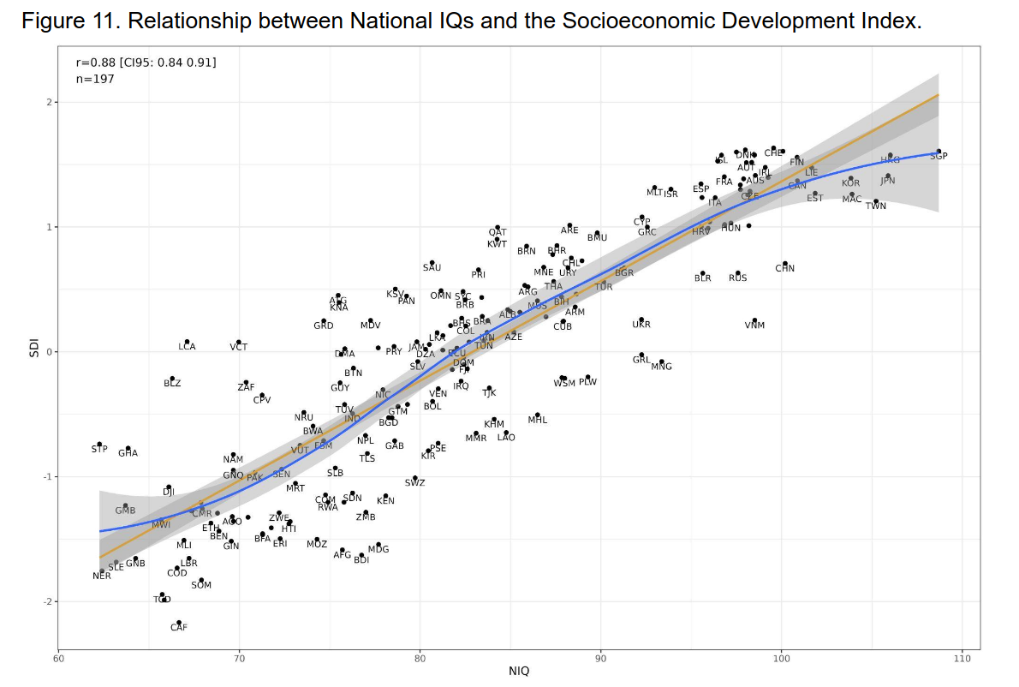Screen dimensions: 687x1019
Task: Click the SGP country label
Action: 939,156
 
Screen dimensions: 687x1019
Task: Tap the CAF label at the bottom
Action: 178,628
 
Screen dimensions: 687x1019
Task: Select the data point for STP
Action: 99,444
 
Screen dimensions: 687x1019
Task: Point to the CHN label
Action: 784,268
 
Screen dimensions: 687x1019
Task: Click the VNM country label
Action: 754,326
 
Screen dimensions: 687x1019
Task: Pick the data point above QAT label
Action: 497,228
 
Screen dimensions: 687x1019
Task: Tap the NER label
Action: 102,576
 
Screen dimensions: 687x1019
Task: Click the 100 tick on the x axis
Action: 781,658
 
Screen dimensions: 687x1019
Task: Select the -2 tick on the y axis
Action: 49,601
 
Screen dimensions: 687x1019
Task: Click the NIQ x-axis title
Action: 518,671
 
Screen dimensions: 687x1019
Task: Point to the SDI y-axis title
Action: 32,351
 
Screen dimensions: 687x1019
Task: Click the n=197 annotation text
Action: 95,79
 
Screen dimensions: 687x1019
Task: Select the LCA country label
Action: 187,347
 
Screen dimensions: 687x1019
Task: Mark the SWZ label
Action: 414,483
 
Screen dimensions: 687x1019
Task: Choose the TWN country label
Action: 875,206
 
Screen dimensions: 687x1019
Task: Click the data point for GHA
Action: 128,448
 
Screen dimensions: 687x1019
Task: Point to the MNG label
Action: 661,367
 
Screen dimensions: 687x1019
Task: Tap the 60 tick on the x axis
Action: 58,658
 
